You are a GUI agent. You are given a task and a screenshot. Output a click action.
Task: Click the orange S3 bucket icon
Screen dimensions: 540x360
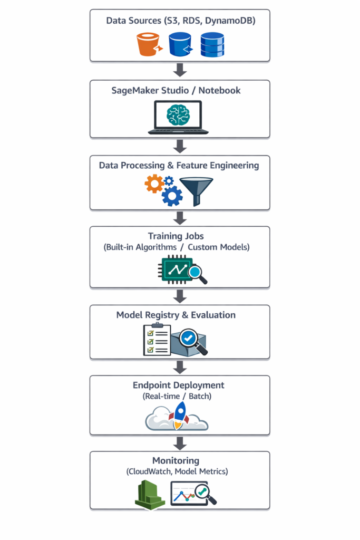[149, 44]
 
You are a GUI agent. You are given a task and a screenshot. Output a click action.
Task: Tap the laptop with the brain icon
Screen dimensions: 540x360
[178, 117]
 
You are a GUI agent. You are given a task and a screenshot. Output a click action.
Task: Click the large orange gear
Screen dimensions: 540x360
[154, 184]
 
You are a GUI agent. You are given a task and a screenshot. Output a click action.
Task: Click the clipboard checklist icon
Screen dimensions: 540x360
[157, 340]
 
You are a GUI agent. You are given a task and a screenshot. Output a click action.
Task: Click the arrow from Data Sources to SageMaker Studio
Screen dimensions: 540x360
[180, 70]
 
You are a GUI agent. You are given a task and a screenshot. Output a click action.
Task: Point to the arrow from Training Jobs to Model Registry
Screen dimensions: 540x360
[180, 296]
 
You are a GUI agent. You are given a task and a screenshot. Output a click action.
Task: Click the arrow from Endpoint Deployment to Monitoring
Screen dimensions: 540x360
[180, 442]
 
